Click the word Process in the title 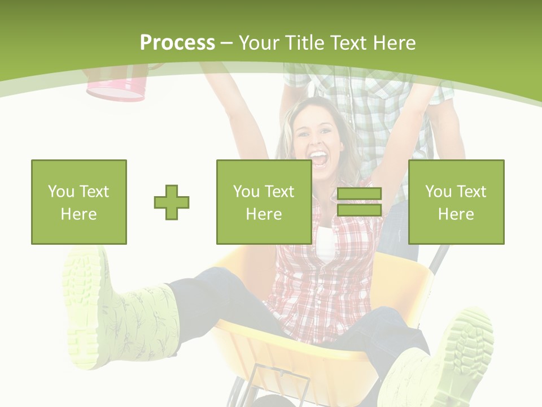coord(177,43)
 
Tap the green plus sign coord(172,202)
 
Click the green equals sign coord(359,202)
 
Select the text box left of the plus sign coord(79,202)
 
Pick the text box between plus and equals coord(264,202)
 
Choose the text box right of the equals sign coord(456,202)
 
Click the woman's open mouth coord(318,159)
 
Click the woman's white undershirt coord(326,243)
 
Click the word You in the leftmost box coord(60,192)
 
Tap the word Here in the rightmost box coord(456,214)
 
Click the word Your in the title coord(260,43)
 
